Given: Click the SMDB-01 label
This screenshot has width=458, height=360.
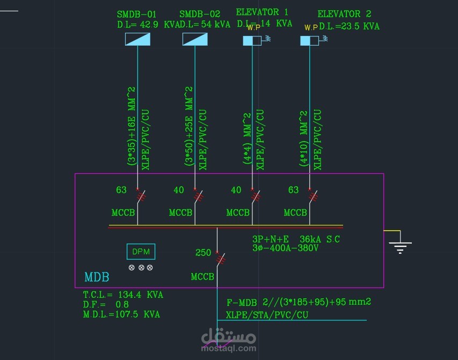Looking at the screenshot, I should (137, 14).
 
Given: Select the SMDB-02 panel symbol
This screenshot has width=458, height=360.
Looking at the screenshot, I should (195, 39).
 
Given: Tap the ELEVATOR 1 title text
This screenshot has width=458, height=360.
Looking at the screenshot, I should (262, 12).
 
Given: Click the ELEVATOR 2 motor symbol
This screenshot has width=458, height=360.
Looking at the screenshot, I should (310, 40).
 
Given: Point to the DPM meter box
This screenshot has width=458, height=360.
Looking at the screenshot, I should (141, 252).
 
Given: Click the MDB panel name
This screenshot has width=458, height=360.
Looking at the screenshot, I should (97, 277).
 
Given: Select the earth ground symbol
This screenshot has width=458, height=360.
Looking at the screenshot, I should (400, 247).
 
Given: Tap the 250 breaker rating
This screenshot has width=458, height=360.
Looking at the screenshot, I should (203, 253).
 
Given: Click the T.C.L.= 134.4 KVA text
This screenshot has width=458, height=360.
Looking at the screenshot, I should (123, 295).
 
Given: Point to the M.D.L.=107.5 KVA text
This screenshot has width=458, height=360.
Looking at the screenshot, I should (121, 314).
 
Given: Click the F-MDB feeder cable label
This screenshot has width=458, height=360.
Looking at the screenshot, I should (299, 302).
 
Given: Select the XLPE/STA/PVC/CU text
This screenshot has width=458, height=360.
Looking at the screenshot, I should (267, 315).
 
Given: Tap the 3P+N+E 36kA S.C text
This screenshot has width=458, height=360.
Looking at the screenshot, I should (296, 239).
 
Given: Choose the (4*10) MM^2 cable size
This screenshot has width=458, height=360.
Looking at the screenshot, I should (303, 139).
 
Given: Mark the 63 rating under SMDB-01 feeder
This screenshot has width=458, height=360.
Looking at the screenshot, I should (121, 189).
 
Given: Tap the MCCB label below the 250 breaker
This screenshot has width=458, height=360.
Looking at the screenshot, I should (202, 277).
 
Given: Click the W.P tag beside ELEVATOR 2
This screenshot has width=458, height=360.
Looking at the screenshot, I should (311, 27).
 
